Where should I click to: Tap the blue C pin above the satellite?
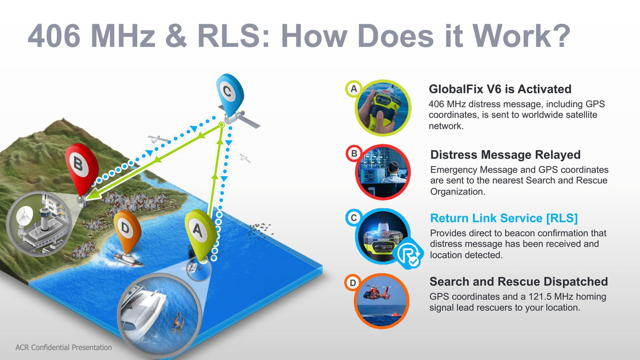pyautogui.click(x=230, y=94)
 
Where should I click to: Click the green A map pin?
pyautogui.click(x=200, y=233)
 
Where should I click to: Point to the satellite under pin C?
pyautogui.click(x=239, y=118)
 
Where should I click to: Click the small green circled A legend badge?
pyautogui.click(x=354, y=89)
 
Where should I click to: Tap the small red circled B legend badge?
pyautogui.click(x=354, y=153)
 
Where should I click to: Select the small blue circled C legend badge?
pyautogui.click(x=354, y=218)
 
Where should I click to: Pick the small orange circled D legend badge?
pyautogui.click(x=353, y=283)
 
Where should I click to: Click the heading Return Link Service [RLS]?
pyautogui.click(x=504, y=218)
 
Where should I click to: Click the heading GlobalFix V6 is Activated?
pyautogui.click(x=500, y=89)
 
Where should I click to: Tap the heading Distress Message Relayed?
pyautogui.click(x=505, y=155)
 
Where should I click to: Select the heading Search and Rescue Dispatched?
pyautogui.click(x=518, y=282)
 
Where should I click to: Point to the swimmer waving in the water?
pyautogui.click(x=178, y=323)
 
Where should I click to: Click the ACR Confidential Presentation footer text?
pyautogui.click(x=63, y=348)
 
